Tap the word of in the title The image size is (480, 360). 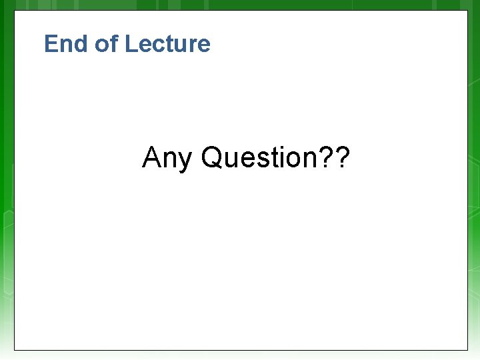click(106, 44)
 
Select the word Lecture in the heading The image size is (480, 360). click(167, 44)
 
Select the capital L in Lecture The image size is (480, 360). click(131, 44)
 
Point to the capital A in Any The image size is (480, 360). click(151, 158)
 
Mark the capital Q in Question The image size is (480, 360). click(211, 158)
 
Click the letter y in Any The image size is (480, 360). click(183, 161)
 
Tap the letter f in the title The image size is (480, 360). click(114, 43)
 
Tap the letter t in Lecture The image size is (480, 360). click(167, 45)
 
